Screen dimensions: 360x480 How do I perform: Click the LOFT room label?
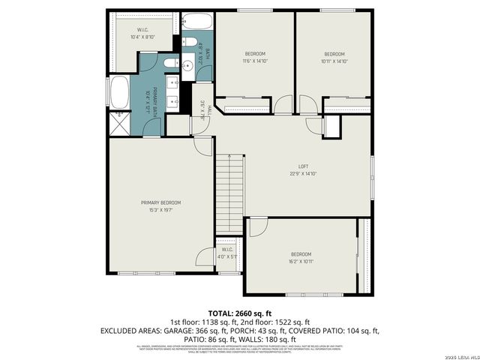303,166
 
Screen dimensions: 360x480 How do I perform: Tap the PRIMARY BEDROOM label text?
161,202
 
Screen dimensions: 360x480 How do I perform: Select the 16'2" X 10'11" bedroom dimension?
301,262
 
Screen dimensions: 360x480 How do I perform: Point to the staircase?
230,193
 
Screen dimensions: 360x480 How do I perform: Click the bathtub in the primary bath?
120,94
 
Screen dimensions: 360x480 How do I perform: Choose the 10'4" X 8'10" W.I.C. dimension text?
142,37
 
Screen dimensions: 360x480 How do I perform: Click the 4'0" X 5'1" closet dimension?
228,256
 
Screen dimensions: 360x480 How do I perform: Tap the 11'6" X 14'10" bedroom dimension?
255,61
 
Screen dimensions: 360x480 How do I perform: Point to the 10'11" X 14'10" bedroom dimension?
334,61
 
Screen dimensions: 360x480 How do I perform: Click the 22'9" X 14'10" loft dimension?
303,173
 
